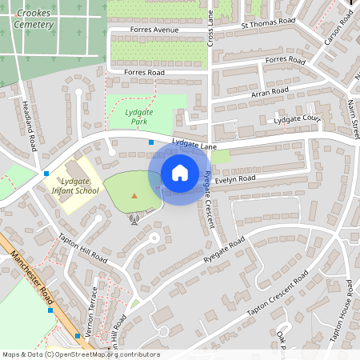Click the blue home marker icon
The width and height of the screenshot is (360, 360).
180,172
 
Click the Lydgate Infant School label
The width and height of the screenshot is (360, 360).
74,186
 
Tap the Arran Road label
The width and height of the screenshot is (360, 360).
269,93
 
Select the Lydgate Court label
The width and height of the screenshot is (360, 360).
297,119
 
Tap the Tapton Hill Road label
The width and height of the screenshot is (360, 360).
82,249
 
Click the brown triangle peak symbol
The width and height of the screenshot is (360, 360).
134,195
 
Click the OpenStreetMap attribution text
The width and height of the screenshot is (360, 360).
81,354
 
